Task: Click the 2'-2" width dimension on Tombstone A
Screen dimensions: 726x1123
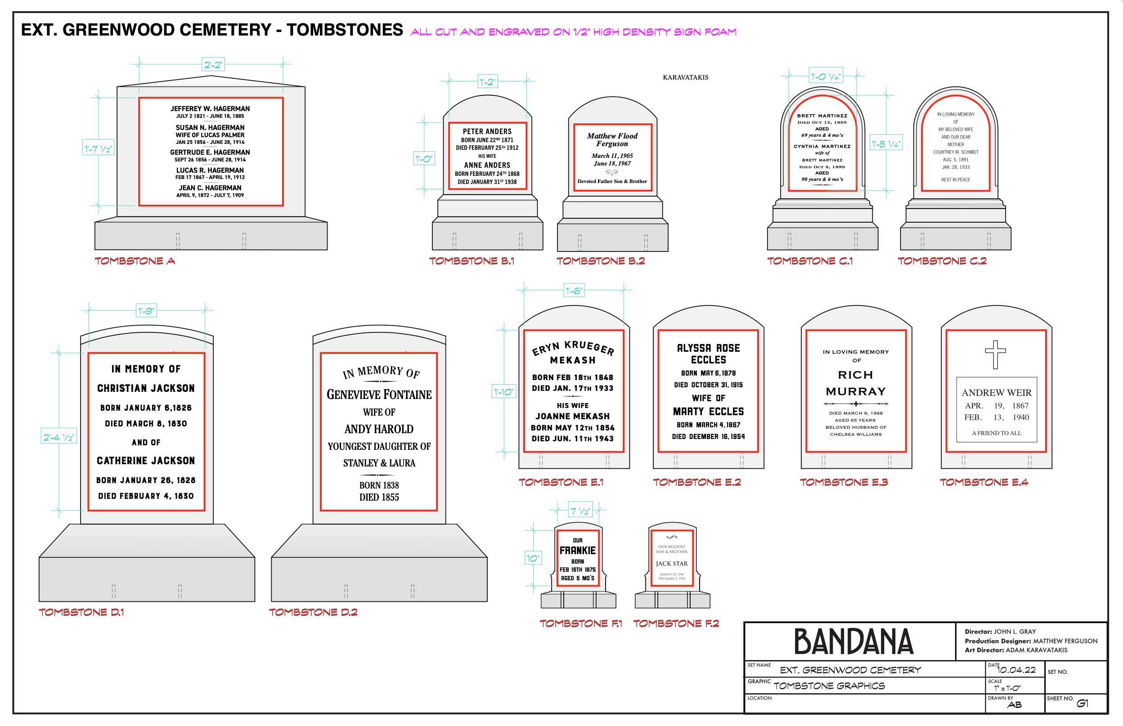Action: [x=213, y=65]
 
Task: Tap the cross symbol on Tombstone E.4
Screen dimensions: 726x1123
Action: [x=995, y=354]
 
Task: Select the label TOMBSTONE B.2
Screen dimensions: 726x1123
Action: [x=600, y=261]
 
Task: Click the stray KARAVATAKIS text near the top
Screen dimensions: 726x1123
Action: [x=685, y=77]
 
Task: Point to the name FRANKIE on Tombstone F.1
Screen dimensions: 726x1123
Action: [x=578, y=550]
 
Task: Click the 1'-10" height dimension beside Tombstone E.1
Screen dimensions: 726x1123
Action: [x=503, y=392]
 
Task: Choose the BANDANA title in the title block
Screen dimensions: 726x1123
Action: [x=853, y=641]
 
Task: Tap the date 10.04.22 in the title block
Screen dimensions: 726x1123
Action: [x=1016, y=670]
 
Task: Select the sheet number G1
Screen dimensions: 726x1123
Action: [x=1083, y=704]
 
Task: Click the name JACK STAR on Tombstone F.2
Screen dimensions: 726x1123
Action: [x=672, y=563]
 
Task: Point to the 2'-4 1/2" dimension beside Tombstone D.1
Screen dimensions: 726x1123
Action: [x=59, y=437]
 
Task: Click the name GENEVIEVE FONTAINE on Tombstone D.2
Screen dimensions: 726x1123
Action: [x=379, y=394]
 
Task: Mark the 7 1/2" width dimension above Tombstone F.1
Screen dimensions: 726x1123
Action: [x=580, y=511]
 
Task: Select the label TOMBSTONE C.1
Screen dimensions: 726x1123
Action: [x=809, y=261]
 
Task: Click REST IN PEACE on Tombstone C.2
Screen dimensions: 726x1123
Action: [x=956, y=179]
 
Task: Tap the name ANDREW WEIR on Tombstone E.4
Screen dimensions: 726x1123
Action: [x=996, y=393]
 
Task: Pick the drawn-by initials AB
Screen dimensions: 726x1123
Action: [x=1014, y=705]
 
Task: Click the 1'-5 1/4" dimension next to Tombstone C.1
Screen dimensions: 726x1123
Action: [x=886, y=144]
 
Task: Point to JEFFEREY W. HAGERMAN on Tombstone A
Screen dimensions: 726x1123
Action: [x=210, y=108]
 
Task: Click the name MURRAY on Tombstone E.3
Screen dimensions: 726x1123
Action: [x=856, y=392]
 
